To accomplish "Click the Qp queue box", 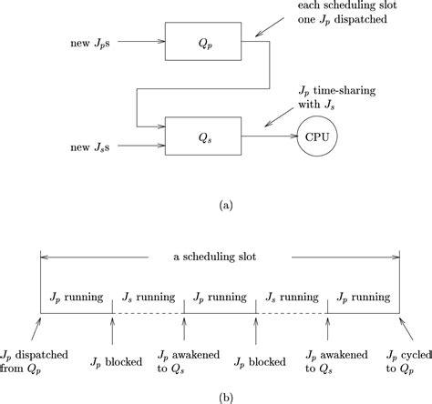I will (192, 42).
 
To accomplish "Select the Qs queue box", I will (192, 138).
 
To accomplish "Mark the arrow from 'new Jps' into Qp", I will (142, 41).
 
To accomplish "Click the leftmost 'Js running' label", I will (148, 297).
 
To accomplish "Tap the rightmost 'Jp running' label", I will (365, 297).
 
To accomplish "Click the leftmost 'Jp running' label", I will (76, 297).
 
